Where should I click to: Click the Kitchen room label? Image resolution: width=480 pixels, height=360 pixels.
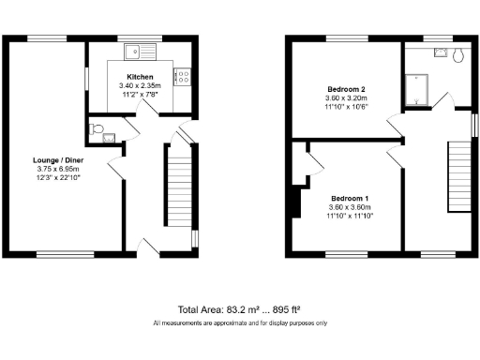pyautogui.click(x=141, y=77)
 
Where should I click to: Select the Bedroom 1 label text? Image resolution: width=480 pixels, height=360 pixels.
pyautogui.click(x=349, y=199)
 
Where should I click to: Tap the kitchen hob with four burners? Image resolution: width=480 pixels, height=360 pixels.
pyautogui.click(x=184, y=78)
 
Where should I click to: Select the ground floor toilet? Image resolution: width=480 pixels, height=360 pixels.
pyautogui.click(x=95, y=129)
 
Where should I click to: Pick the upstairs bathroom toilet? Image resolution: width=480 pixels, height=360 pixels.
pyautogui.click(x=457, y=56)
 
